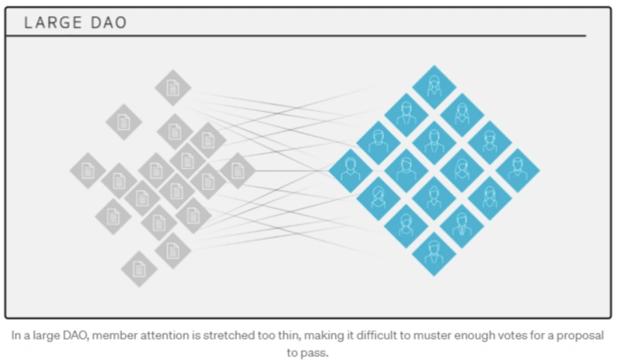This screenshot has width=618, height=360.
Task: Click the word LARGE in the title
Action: click(53, 22)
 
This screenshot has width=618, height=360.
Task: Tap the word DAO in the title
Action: click(109, 22)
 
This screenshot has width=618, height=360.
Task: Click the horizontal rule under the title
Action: click(296, 36)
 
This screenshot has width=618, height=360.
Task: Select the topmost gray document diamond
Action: click(173, 87)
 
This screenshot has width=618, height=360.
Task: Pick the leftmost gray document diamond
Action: click(88, 171)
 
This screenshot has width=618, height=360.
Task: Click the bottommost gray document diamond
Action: click(139, 269)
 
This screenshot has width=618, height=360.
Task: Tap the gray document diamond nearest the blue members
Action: click(237, 171)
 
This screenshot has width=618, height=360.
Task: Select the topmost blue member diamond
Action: click(434, 87)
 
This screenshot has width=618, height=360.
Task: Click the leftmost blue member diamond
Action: click(351, 171)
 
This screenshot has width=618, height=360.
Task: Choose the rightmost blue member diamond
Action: click(518, 171)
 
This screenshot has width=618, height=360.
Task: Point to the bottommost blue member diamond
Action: click(434, 254)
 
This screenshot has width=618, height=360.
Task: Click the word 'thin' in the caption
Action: click(290, 335)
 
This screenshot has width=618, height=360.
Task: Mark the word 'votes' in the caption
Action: click(512, 335)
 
